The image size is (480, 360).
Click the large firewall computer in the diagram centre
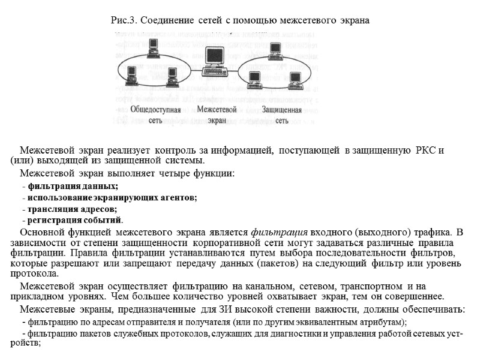[x=213, y=58]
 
